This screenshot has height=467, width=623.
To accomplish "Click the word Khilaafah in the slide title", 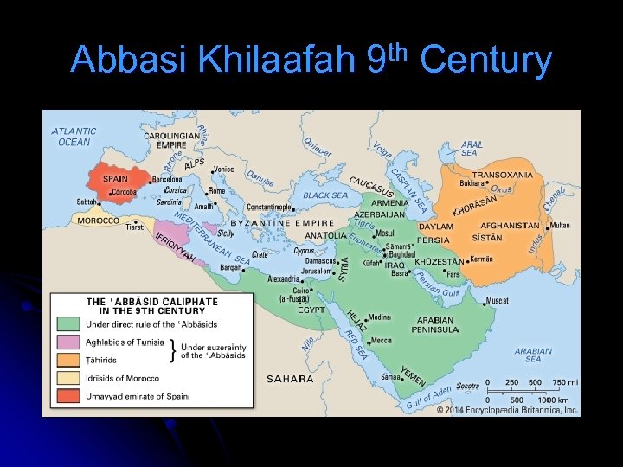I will pos(277,61).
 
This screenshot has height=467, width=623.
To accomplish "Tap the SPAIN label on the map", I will pos(115,179).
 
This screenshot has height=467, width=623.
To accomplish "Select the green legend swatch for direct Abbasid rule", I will pos(68,324).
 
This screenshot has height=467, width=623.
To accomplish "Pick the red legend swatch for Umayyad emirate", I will pos(68,396).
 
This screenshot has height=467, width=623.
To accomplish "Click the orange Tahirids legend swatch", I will pos(68,360).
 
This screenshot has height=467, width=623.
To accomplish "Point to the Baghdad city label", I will pos(402,254).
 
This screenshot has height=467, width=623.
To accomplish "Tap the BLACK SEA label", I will pos(326,195).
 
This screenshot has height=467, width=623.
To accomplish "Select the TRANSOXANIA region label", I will pos(502,174).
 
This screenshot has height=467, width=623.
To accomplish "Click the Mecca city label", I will pos(381,341).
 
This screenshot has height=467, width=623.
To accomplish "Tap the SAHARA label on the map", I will pos(290,379).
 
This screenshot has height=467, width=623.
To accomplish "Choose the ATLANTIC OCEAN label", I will pos(74,137).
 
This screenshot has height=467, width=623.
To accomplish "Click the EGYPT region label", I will pos(311,310).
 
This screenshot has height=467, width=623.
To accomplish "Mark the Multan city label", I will pos(561,225).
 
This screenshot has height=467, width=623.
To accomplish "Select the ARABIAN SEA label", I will pos(533,355).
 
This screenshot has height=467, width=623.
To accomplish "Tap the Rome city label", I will pos(216,191).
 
